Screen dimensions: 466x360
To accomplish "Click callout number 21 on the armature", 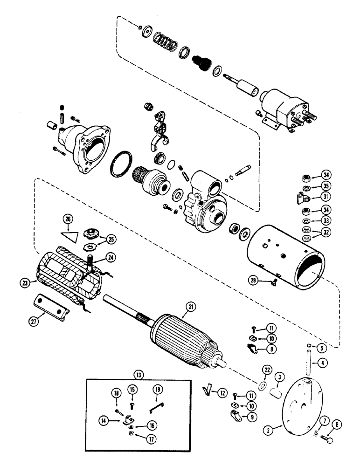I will (x=190, y=306).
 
